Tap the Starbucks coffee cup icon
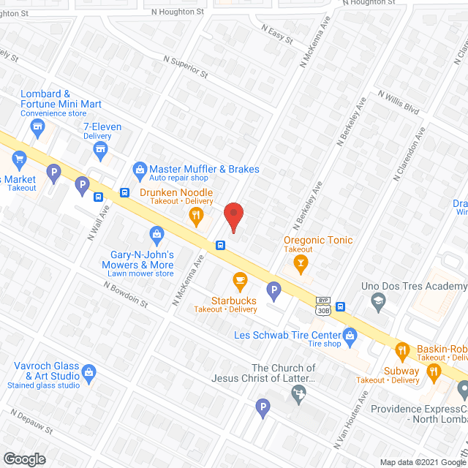click(x=238, y=279)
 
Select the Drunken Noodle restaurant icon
click(x=195, y=215)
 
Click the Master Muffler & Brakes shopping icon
click(x=139, y=170)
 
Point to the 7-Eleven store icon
click(x=101, y=150)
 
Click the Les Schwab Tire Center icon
click(x=350, y=336)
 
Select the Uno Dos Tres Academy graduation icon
click(x=378, y=299)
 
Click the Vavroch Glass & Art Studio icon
click(x=88, y=372)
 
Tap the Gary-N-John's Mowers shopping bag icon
click(x=155, y=235)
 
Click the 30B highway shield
click(x=322, y=311)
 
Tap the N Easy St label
click(x=276, y=33)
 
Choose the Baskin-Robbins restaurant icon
click(x=401, y=349)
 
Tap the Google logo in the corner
click(x=23, y=458)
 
